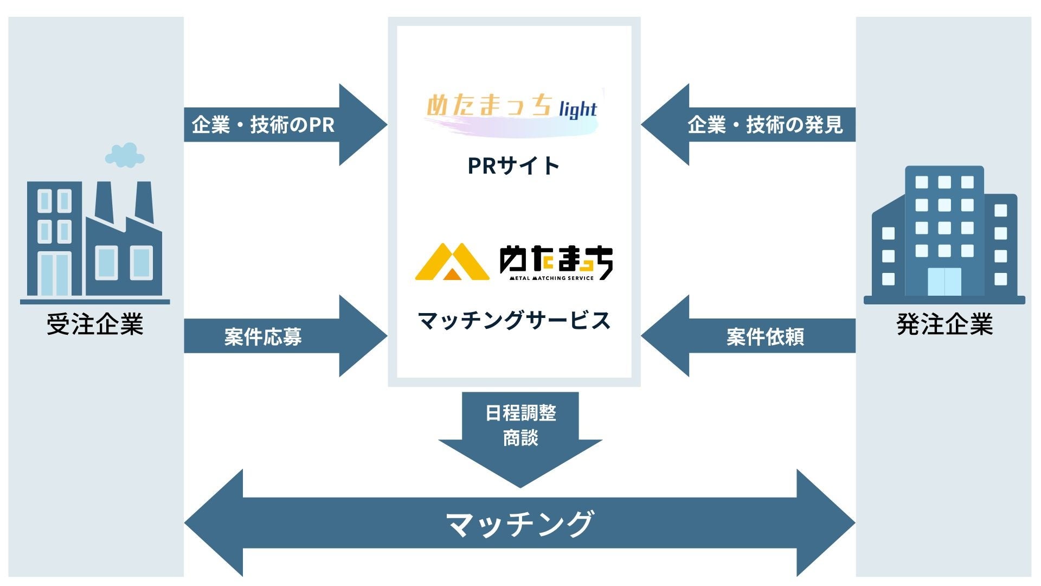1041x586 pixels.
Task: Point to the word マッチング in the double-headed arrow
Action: (x=519, y=524)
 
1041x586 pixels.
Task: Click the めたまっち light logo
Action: (x=512, y=111)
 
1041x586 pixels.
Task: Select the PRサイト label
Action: (x=513, y=165)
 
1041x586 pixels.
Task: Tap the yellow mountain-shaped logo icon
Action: (x=452, y=262)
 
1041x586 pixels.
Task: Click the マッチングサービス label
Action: (x=514, y=320)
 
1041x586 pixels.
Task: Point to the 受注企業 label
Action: (x=95, y=324)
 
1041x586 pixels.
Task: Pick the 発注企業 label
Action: (x=944, y=324)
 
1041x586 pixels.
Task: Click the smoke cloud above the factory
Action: (x=125, y=155)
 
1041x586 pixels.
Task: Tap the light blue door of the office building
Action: (x=944, y=281)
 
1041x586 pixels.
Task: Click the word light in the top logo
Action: (x=578, y=109)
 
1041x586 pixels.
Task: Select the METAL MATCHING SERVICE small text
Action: (x=551, y=278)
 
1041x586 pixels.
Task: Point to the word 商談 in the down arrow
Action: (x=520, y=438)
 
